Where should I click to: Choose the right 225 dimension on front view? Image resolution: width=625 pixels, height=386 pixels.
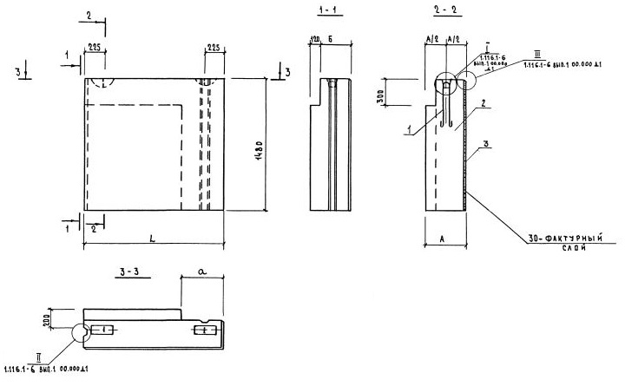tap(214, 49)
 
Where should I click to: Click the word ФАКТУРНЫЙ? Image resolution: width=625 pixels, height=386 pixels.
tap(563, 236)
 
